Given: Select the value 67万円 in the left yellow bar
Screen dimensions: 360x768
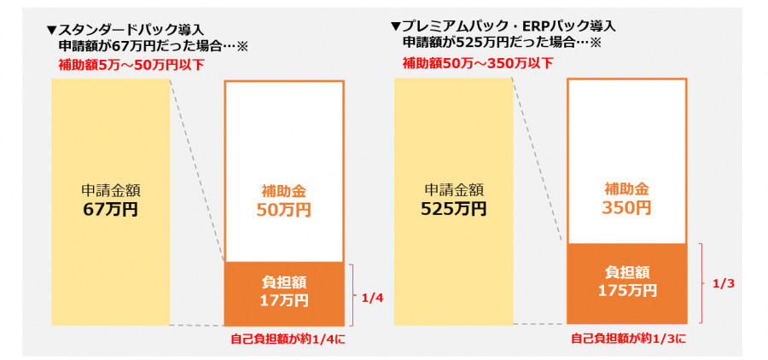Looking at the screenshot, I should click(111, 208).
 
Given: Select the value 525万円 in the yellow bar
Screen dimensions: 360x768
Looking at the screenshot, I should click(455, 208).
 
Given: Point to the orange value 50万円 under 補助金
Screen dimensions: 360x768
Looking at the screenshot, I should click(285, 209).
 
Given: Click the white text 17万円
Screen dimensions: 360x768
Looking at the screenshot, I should click(286, 300).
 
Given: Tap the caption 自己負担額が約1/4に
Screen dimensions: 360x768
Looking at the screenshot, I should click(286, 339).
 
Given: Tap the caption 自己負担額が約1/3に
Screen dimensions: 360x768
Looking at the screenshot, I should click(627, 339).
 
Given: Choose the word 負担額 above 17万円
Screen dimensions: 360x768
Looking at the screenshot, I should click(286, 282).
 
